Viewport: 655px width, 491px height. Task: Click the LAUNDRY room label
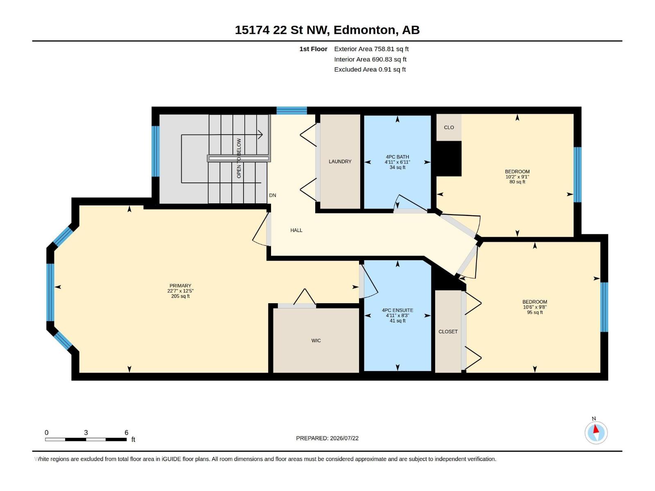(x=340, y=161)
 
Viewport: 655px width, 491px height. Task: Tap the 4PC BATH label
(x=397, y=157)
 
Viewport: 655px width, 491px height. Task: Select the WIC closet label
(x=316, y=340)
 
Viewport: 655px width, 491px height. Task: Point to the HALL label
(x=296, y=230)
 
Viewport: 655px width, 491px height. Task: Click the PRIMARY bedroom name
(x=180, y=286)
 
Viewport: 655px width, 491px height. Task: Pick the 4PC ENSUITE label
(x=398, y=310)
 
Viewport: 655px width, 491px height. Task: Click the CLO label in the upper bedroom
(x=449, y=128)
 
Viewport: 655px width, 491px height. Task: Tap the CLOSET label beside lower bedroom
(x=448, y=331)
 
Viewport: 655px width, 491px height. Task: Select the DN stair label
(x=273, y=195)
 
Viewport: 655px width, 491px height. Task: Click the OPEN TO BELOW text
(x=239, y=158)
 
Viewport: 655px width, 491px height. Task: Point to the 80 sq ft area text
(x=517, y=182)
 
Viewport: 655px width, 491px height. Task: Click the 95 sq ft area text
(x=535, y=313)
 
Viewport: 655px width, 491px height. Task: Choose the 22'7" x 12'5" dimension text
(x=180, y=291)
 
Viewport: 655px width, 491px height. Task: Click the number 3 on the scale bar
(x=86, y=432)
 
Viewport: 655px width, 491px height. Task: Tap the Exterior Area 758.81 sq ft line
(x=371, y=49)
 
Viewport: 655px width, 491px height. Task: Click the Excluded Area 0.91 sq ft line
(x=370, y=70)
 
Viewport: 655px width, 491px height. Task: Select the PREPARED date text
(x=327, y=438)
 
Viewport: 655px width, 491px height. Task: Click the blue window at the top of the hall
(x=291, y=110)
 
